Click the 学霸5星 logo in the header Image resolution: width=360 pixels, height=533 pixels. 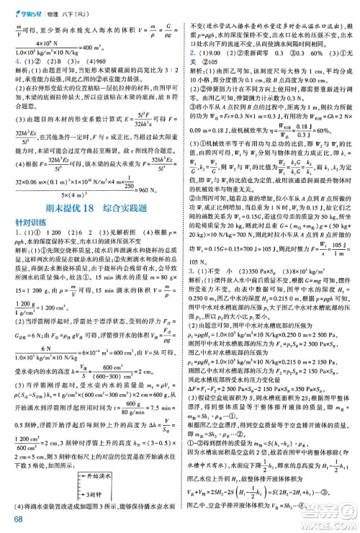pyautogui.click(x=25, y=9)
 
